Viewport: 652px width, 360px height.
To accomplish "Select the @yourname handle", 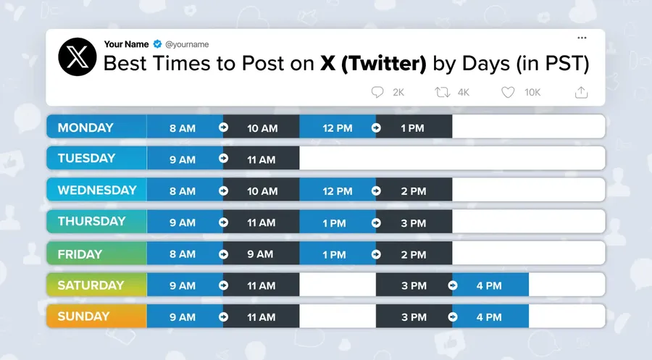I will pos(188,45).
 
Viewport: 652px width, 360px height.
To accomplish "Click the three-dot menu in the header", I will pos(581,38).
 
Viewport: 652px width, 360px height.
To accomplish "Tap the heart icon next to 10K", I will pos(508,92).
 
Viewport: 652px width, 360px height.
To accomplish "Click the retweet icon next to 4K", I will pos(441,92).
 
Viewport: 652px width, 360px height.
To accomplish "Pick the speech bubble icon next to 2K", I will pos(377,92).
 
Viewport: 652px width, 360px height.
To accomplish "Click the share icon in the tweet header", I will pos(580,92).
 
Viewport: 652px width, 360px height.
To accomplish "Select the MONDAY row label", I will pos(85,127).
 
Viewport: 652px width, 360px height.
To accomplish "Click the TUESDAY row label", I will pos(86,159).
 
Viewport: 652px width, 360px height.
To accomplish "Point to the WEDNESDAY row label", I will pos(97,191).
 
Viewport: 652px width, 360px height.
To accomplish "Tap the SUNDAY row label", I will pos(83,316).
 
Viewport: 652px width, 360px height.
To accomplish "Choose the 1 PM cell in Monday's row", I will pos(413,128).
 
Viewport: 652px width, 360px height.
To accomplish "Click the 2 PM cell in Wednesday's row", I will pos(414,191).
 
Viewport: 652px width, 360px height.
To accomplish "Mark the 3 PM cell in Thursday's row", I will pos(414,222).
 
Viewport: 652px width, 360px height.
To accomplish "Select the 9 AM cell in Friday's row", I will pos(260,254).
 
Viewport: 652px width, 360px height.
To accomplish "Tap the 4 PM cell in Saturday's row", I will pos(489,285).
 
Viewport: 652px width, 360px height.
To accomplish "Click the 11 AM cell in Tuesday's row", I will pos(261,159).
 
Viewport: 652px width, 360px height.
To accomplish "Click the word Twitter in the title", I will pos(383,64).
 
